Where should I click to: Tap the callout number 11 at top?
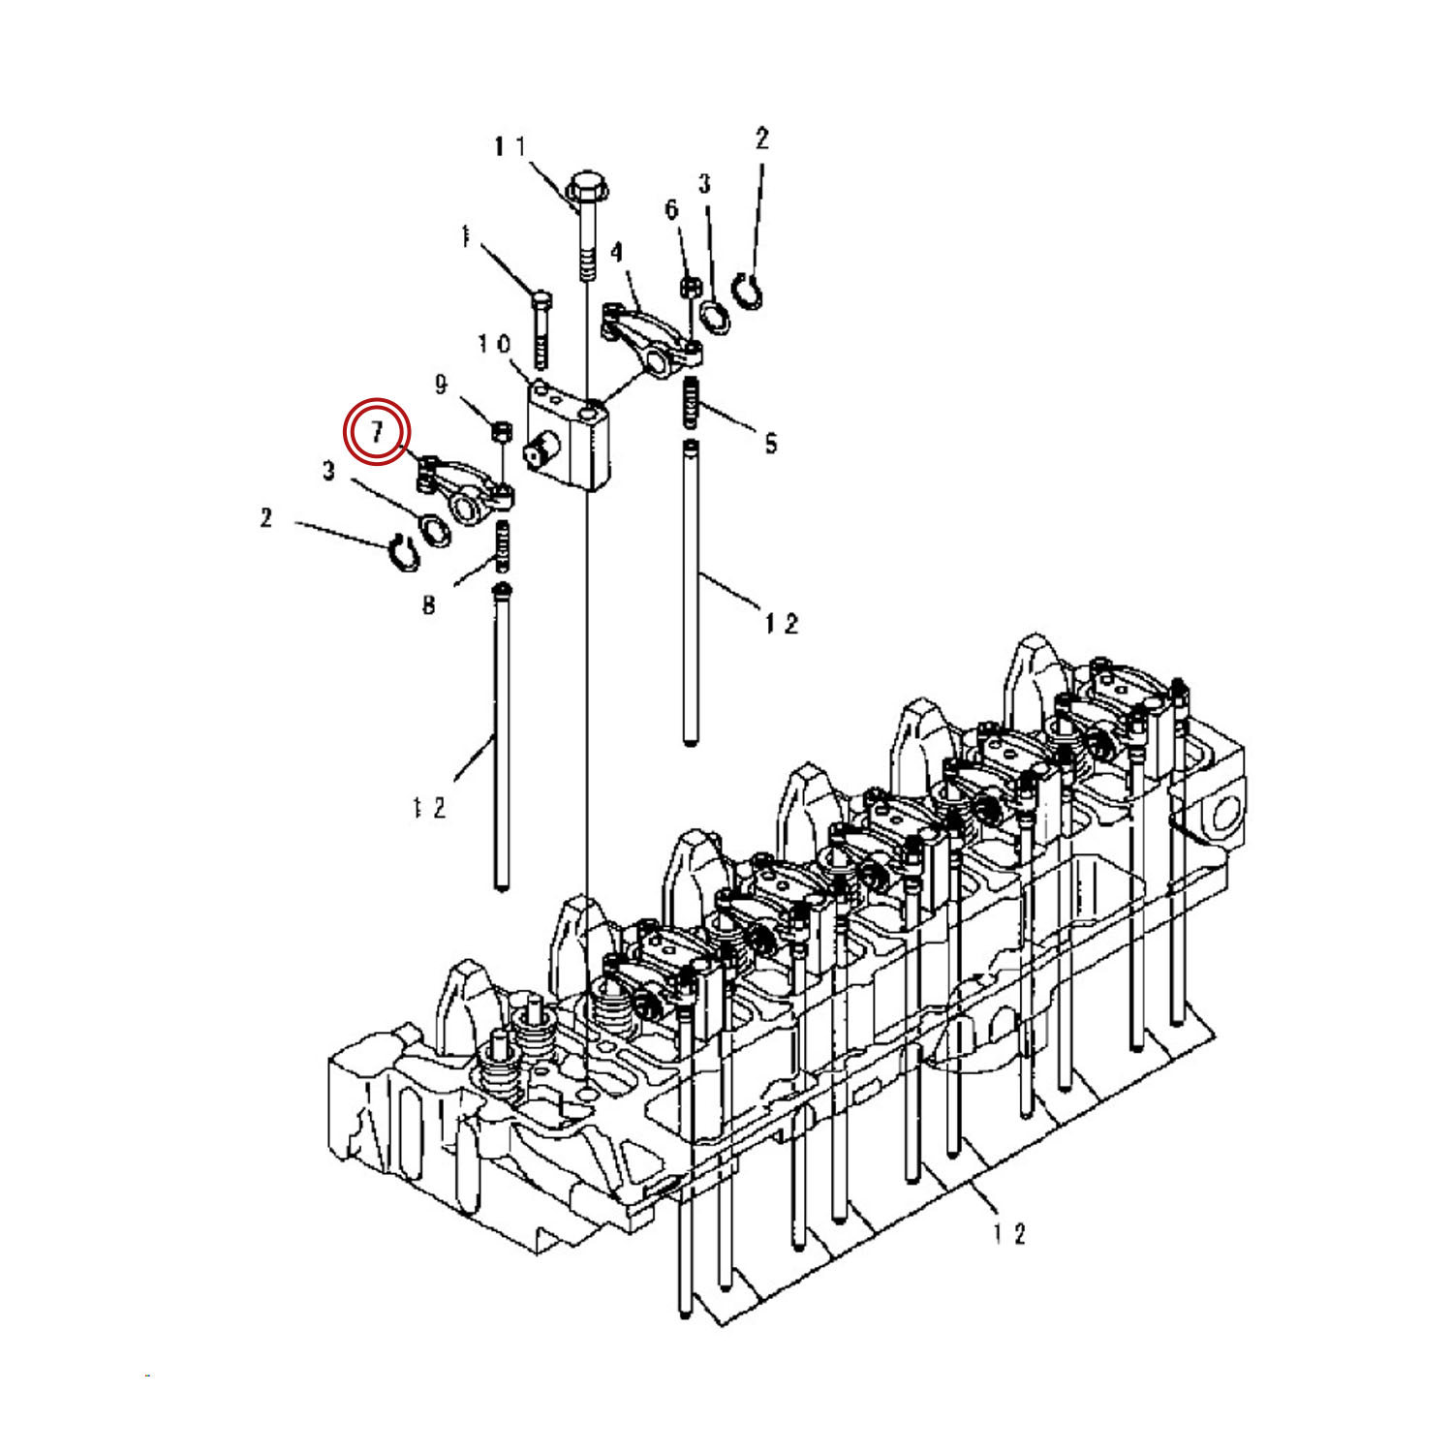(x=510, y=146)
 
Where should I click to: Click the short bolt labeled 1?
(x=541, y=329)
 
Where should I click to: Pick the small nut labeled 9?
(x=501, y=429)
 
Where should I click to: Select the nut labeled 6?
(x=691, y=287)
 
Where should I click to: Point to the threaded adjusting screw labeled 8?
(x=503, y=545)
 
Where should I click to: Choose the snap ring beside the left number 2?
(x=401, y=552)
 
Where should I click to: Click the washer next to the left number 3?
(x=434, y=529)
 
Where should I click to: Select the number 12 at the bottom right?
(x=1008, y=1233)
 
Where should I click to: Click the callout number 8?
(x=428, y=605)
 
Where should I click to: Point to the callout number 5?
(x=770, y=444)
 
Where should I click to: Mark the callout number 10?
(x=493, y=344)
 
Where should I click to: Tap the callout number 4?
(x=617, y=252)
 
